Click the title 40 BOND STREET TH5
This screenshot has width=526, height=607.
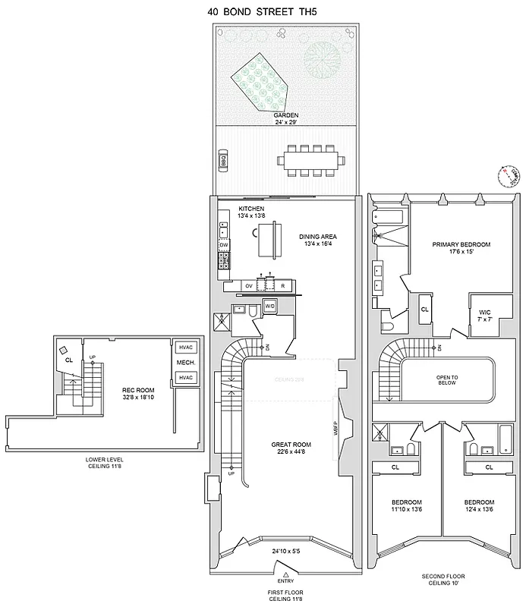pos(262,11)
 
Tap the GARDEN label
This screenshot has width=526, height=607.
pos(285,115)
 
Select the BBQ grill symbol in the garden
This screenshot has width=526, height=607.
pos(223,162)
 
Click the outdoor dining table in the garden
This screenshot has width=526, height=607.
pos(311,161)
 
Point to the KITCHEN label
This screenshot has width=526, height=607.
pos(250,208)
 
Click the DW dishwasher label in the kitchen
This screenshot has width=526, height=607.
pos(224,245)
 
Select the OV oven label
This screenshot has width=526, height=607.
pos(248,285)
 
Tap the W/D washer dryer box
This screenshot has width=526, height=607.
pos(269,306)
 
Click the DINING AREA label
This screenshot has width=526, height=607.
pos(318,236)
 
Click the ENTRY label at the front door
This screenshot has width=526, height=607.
pos(285,580)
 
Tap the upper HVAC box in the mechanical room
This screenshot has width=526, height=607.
pos(185,348)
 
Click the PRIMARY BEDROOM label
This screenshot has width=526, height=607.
pos(461,244)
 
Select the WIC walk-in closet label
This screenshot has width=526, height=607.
pos(485,312)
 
